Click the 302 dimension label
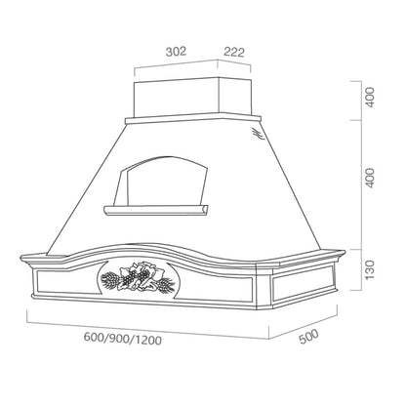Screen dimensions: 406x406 (176, 52)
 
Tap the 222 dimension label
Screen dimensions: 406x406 (234, 52)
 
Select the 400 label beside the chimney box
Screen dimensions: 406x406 (370, 97)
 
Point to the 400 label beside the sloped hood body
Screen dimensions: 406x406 (370, 178)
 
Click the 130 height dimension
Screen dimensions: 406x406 (370, 269)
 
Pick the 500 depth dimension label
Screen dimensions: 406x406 (308, 337)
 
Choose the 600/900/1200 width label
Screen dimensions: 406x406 (123, 339)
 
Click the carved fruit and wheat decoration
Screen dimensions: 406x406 (138, 277)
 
